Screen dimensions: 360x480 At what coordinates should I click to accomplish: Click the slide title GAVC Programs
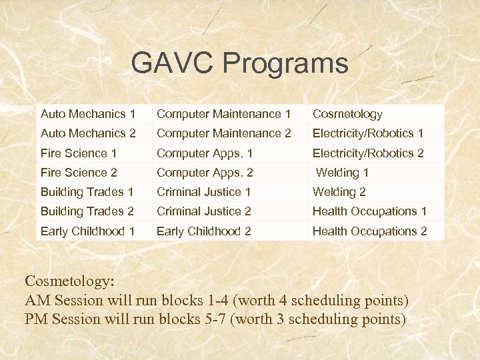click(239, 63)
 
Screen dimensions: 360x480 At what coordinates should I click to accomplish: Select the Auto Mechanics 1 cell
click(88, 114)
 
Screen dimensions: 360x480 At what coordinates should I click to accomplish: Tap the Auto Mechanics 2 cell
click(88, 133)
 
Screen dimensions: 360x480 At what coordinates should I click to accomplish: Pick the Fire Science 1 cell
click(79, 153)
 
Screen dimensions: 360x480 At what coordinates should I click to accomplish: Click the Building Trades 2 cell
click(87, 211)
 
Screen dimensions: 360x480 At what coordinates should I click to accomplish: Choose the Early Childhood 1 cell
click(88, 231)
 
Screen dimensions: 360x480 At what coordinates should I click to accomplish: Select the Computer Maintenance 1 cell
click(223, 114)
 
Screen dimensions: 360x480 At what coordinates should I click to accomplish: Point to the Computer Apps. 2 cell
click(205, 172)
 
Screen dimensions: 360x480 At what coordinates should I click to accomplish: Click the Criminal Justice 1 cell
click(203, 192)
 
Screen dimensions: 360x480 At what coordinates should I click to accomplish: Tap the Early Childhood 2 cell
click(203, 231)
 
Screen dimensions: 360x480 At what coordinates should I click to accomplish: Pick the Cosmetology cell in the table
click(347, 114)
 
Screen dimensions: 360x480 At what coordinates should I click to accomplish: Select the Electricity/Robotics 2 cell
click(368, 153)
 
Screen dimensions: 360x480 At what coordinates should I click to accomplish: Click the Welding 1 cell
click(342, 172)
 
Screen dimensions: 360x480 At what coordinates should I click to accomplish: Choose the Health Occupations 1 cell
click(369, 211)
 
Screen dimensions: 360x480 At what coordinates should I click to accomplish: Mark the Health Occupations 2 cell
click(369, 231)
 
